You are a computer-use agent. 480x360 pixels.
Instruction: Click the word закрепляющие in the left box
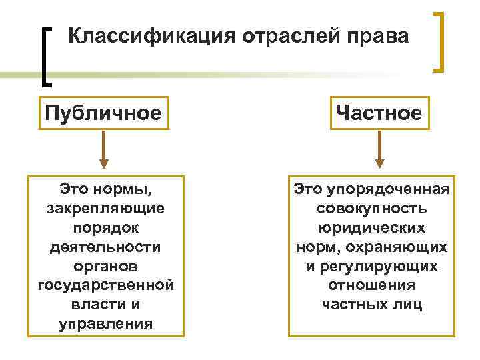tap(106, 209)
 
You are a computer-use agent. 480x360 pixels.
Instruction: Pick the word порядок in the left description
tap(105, 228)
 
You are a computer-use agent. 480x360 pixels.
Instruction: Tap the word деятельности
tap(105, 247)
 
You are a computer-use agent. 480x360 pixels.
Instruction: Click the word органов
tap(105, 267)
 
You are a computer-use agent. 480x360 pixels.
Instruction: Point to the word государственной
tap(105, 286)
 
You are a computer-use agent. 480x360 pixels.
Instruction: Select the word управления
tap(105, 325)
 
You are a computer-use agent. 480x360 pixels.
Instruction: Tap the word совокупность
tap(372, 209)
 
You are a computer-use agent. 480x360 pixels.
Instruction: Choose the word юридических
tap(372, 228)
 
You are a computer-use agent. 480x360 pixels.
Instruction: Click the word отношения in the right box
tap(372, 286)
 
